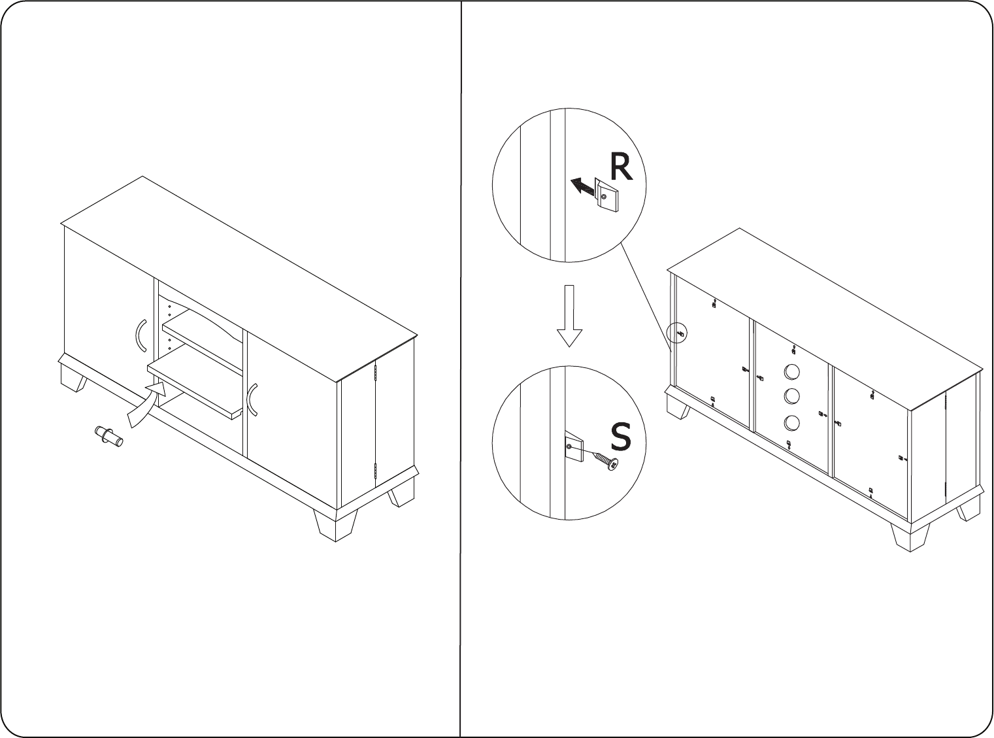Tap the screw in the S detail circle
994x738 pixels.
606,461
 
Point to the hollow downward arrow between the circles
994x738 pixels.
569,316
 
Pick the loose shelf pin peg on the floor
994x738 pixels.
109,437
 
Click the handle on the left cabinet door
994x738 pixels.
141,335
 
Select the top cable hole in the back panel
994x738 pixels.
792,372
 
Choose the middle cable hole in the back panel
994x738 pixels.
792,396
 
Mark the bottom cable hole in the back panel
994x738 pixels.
792,423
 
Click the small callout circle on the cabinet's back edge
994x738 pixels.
676,333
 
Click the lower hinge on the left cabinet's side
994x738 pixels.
376,471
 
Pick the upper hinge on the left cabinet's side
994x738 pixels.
376,372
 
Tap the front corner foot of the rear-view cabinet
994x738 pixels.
910,536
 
